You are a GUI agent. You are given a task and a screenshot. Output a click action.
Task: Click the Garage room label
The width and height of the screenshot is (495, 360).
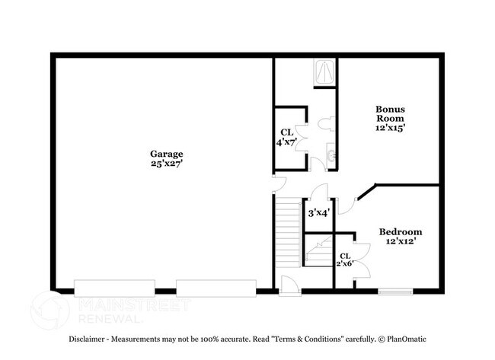[x=166, y=154]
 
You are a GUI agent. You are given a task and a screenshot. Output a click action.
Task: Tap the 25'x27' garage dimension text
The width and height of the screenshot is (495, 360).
[x=166, y=163]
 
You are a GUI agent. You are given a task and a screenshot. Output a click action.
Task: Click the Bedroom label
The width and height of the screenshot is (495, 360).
[x=400, y=231]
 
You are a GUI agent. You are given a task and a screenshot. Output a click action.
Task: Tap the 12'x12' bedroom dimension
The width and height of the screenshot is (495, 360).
[x=400, y=241]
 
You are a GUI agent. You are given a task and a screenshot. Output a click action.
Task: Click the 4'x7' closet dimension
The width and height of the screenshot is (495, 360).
[x=286, y=142]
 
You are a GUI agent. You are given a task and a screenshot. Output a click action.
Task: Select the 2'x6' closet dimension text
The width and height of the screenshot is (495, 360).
[x=345, y=263]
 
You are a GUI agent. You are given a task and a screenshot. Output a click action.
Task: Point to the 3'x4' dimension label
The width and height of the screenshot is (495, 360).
[x=318, y=213]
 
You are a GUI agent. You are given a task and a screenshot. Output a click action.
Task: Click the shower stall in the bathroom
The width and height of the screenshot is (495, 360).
[x=324, y=73]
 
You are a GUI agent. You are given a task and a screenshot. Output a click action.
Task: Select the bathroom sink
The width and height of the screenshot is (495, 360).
[x=331, y=156]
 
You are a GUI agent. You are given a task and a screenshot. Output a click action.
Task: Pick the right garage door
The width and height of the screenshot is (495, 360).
[x=216, y=288]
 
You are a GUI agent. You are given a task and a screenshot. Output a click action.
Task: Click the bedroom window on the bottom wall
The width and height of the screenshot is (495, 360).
[x=395, y=291]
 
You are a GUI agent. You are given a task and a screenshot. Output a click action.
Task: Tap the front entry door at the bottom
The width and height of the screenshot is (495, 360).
[x=289, y=286]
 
